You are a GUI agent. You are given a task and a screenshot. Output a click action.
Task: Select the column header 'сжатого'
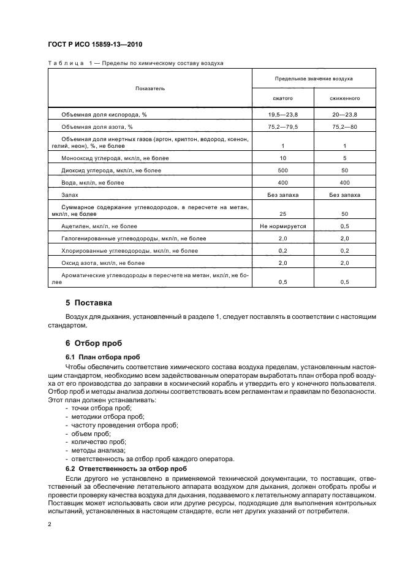(x=282, y=98)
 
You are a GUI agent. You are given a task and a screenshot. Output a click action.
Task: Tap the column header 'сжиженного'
(x=345, y=98)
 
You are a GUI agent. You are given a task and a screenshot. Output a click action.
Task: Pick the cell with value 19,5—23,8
(x=282, y=115)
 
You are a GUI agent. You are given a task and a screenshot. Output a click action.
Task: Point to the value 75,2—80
(x=345, y=127)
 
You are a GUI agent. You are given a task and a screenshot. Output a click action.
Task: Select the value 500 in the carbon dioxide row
(x=282, y=170)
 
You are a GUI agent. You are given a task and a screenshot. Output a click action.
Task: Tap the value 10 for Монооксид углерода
(x=282, y=158)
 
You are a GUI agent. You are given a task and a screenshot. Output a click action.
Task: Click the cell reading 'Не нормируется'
(x=282, y=226)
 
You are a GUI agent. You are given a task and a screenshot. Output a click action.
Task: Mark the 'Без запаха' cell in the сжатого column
(x=282, y=194)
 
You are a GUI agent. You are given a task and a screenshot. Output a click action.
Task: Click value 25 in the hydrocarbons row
(x=282, y=214)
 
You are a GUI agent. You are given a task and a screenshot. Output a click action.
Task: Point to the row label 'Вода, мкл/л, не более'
(x=93, y=182)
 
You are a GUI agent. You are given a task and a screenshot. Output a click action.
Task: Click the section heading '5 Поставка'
(x=89, y=303)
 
